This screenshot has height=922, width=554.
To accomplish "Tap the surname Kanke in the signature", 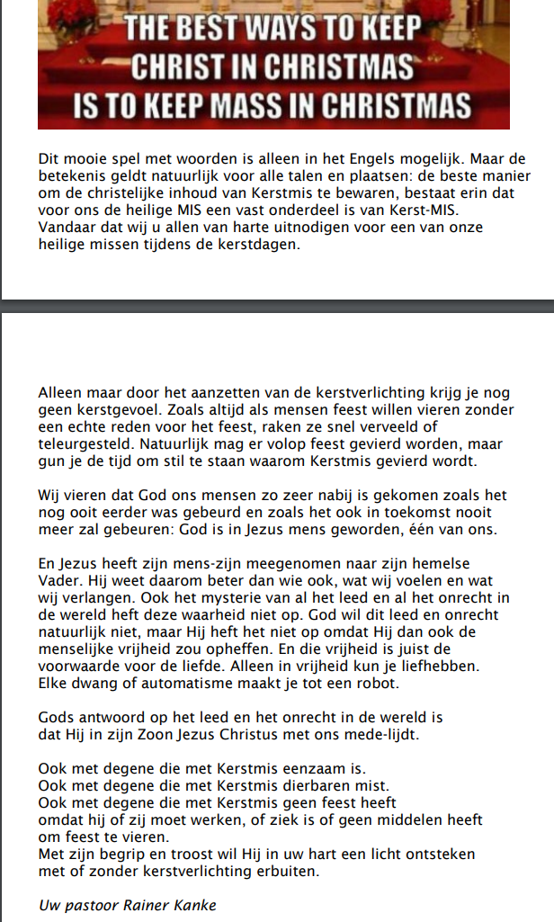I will pyautogui.click(x=196, y=905).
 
